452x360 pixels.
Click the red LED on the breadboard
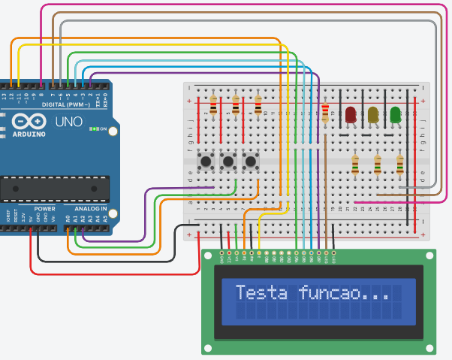(x=350, y=115)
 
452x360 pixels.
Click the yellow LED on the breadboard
(x=373, y=115)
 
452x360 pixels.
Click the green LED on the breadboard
(x=396, y=115)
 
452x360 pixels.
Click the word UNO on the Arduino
(x=69, y=121)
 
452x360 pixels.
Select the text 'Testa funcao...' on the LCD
(x=312, y=292)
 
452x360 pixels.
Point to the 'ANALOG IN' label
(x=90, y=208)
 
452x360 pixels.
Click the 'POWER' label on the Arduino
(x=44, y=208)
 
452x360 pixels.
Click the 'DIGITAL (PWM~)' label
(x=67, y=104)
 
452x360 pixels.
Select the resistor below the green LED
(x=399, y=164)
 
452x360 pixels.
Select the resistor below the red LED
(x=354, y=164)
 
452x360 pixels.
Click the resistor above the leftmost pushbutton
(x=213, y=105)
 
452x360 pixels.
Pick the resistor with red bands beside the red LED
(x=324, y=113)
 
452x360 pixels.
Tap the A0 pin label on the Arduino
(x=68, y=218)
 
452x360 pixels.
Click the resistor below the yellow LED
(x=377, y=164)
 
